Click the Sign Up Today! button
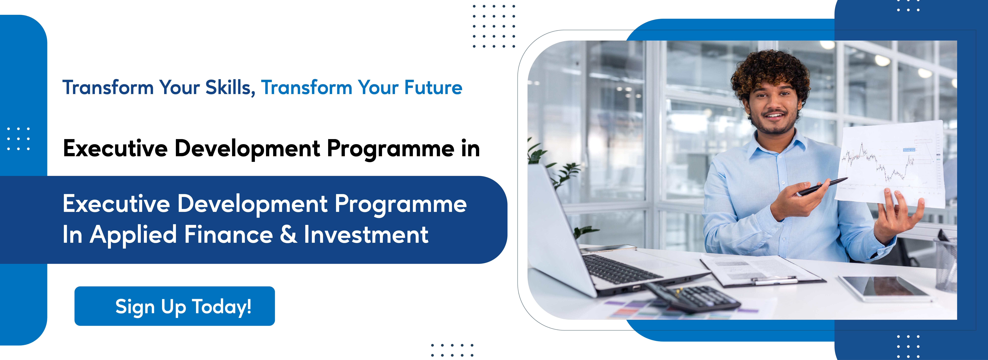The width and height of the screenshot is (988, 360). [x=175, y=306]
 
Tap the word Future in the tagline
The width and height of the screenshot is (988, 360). [x=433, y=87]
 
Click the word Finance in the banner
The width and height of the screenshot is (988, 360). [x=229, y=235]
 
